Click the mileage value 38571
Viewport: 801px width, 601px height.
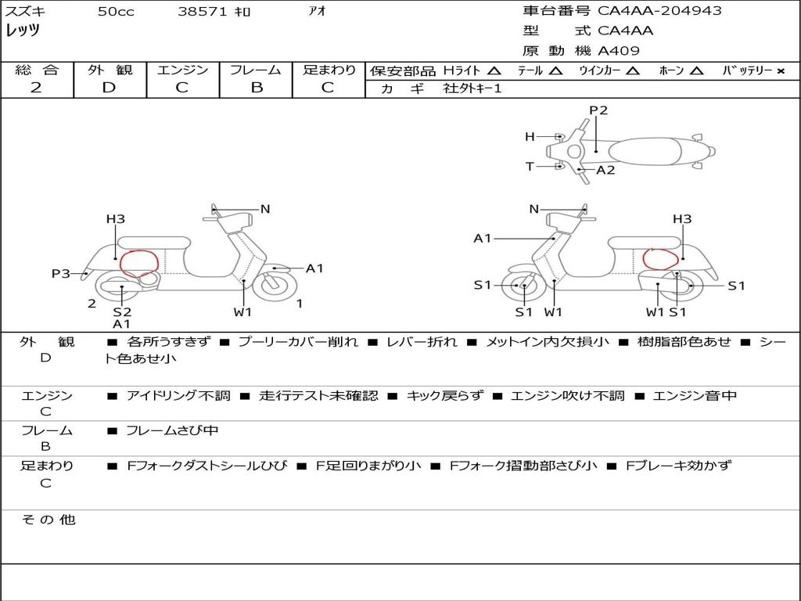pyautogui.click(x=203, y=12)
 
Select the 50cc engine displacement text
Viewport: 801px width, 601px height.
pyautogui.click(x=116, y=12)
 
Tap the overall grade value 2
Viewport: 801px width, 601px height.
pyautogui.click(x=36, y=88)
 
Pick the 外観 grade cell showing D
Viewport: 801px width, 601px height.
pyautogui.click(x=110, y=88)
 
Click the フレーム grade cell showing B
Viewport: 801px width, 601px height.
pyautogui.click(x=257, y=88)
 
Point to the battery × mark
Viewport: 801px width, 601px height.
pyautogui.click(x=780, y=71)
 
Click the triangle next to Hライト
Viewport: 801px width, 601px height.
pyautogui.click(x=494, y=71)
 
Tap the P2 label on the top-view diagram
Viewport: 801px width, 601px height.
pyautogui.click(x=598, y=110)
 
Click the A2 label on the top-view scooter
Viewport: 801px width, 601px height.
pyautogui.click(x=605, y=170)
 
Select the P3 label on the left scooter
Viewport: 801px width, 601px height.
pyautogui.click(x=61, y=274)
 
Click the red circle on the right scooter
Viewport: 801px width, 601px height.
pyautogui.click(x=658, y=259)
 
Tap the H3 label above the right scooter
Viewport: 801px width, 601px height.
pyautogui.click(x=682, y=219)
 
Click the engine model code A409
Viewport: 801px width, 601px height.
pyautogui.click(x=619, y=51)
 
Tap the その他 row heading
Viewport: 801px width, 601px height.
pyautogui.click(x=48, y=520)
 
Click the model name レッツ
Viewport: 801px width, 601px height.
pyautogui.click(x=23, y=31)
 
